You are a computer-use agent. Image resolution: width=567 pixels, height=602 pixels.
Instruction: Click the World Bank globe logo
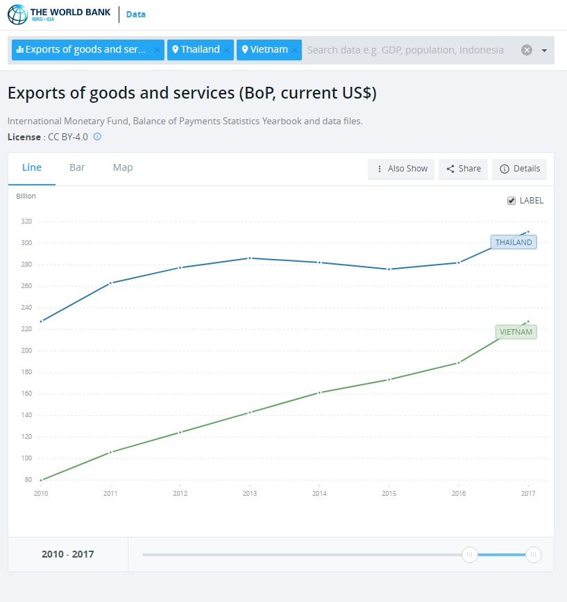pos(17,15)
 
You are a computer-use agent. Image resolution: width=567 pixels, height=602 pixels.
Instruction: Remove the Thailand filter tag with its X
pos(227,50)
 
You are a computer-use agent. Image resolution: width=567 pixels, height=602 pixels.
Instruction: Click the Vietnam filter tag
pos(264,50)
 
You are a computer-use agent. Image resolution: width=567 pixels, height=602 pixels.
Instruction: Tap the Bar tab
pos(77,167)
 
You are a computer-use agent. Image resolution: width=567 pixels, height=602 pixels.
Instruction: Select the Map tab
pos(123,167)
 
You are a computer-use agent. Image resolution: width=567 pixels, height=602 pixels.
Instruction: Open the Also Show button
pos(401,169)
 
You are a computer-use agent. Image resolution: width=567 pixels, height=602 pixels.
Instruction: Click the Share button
pos(463,169)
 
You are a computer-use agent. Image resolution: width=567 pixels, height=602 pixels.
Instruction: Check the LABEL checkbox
pos(512,201)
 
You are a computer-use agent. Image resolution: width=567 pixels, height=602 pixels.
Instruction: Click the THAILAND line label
pos(514,242)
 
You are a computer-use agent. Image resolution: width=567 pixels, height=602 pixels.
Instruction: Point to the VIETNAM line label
pos(516,332)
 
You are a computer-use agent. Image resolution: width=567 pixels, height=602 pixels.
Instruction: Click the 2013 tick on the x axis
pos(250,494)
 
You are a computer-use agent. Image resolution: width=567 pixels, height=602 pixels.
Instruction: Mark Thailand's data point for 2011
pos(110,283)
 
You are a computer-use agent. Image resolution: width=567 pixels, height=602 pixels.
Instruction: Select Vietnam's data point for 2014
pos(319,392)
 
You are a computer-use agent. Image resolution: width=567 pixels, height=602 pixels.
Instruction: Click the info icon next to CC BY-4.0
pos(97,137)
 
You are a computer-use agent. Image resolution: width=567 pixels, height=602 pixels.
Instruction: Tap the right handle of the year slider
pos(533,554)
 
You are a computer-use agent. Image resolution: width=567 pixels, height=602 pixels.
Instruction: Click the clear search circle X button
pos(527,50)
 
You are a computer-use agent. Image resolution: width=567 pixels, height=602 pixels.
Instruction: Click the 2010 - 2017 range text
pos(67,554)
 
